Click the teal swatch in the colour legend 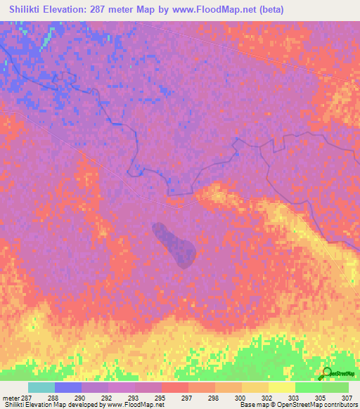[41, 387]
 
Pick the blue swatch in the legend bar [68, 387]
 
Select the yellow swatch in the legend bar [281, 387]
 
